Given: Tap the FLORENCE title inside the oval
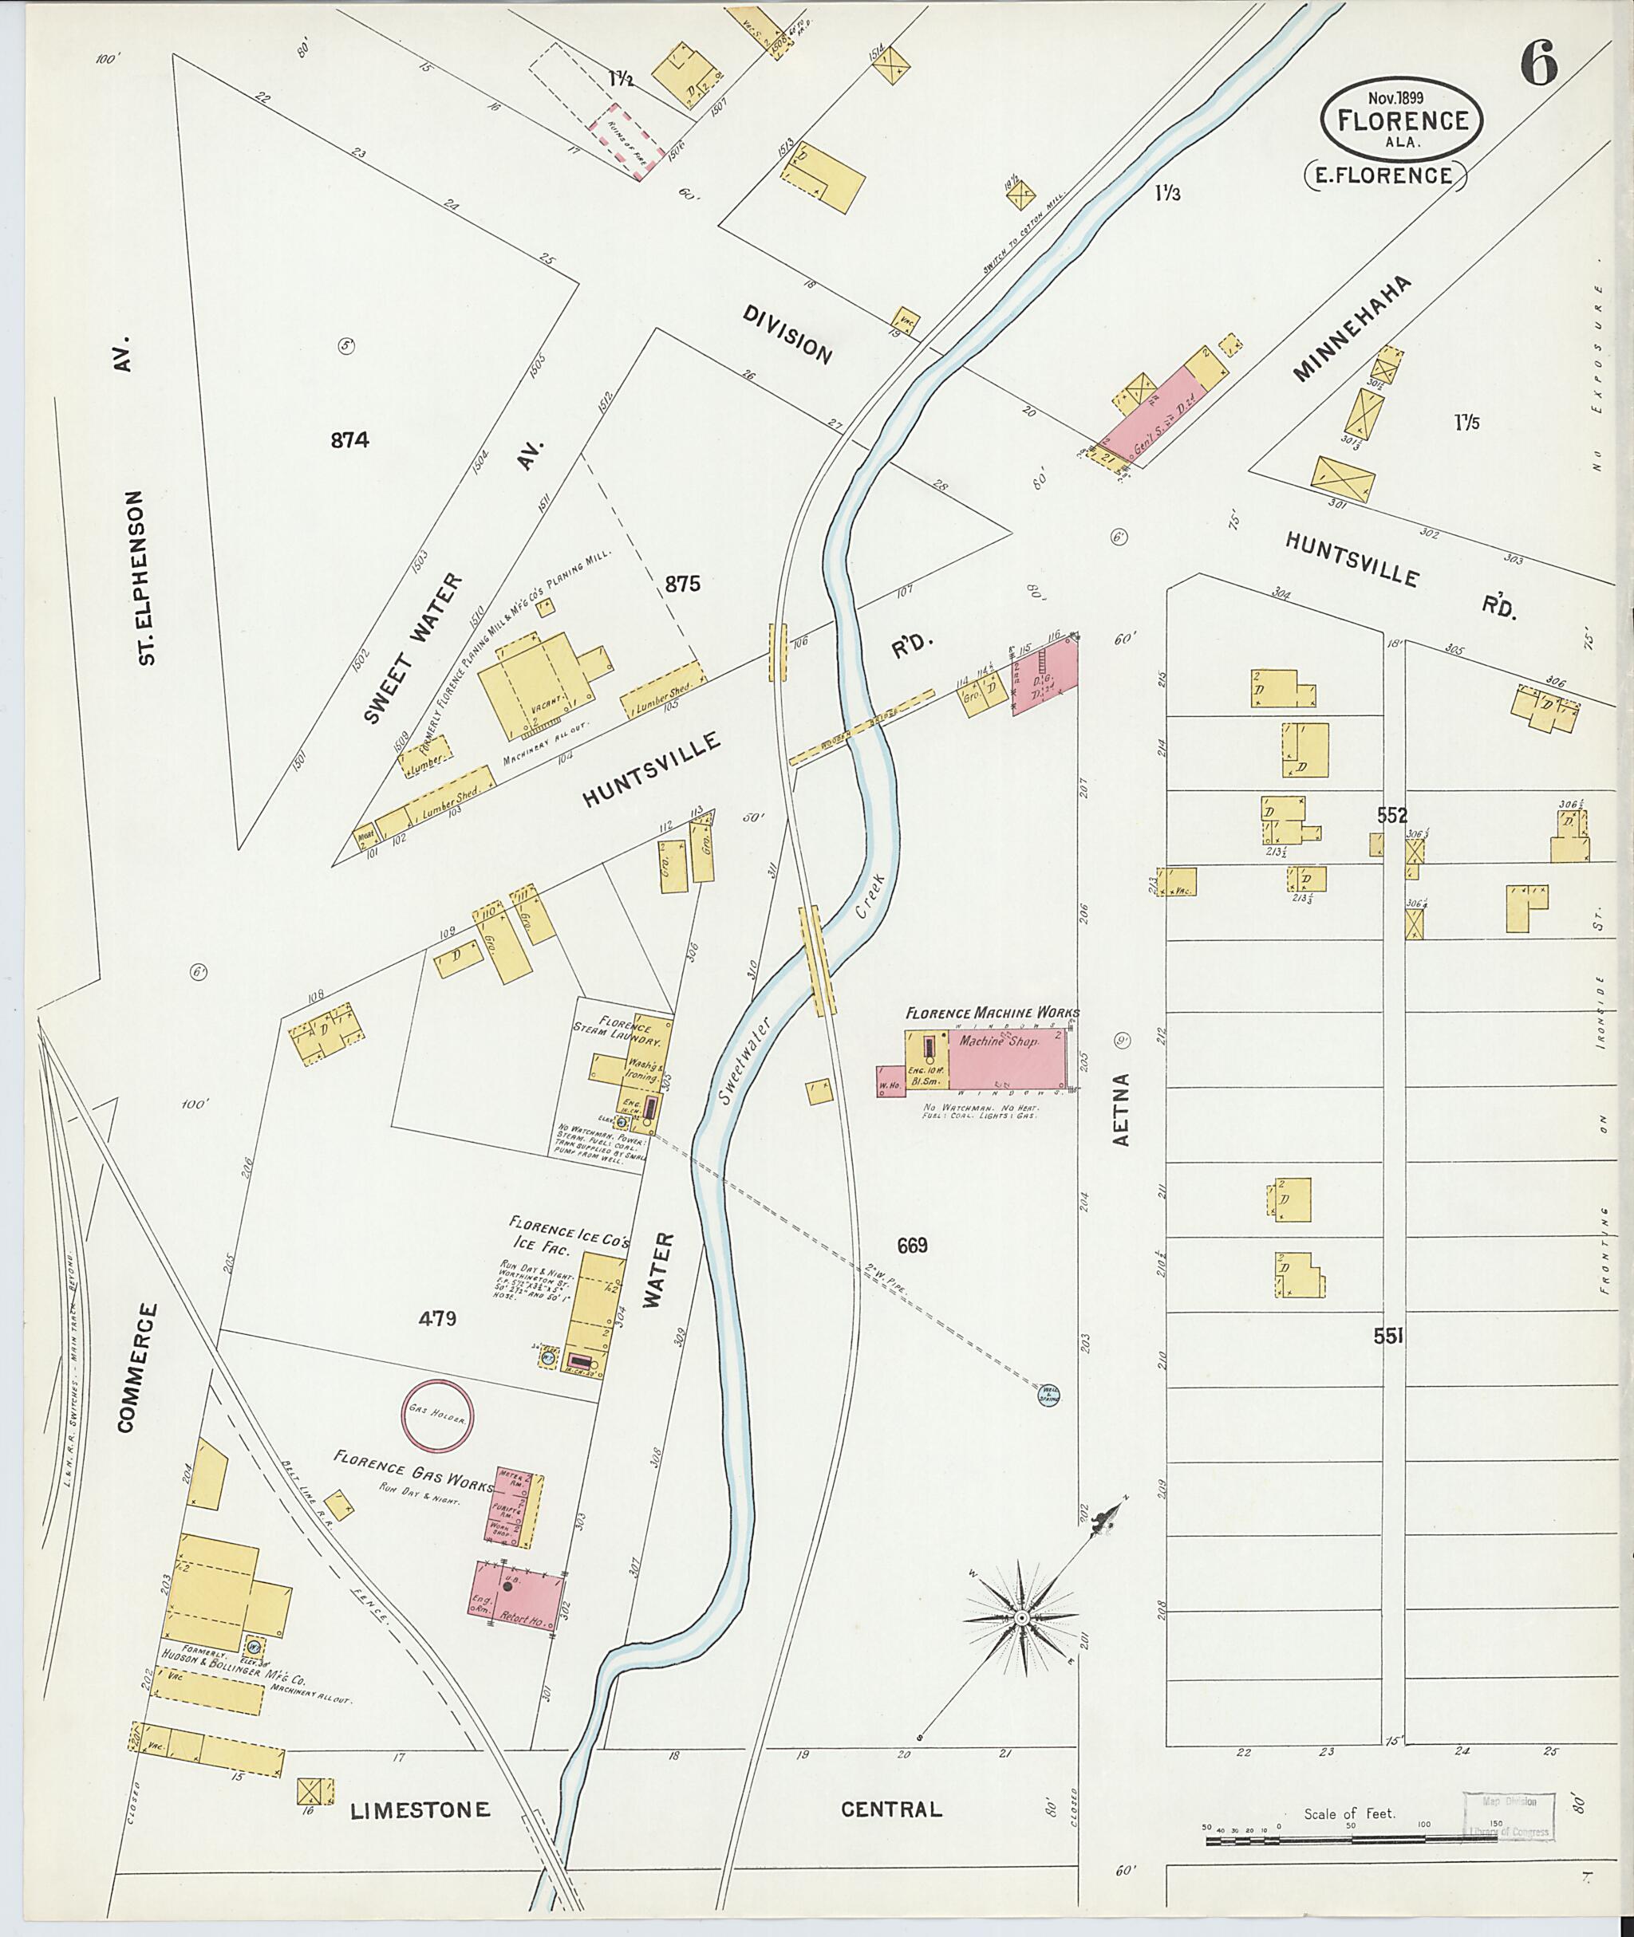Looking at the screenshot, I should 1402,121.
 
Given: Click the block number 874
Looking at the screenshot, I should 349,441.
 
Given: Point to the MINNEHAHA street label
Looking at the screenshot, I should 1353,341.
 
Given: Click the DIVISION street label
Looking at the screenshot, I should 787,334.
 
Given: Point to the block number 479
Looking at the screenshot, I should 437,1318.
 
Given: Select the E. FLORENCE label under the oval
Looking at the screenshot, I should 1385,174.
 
